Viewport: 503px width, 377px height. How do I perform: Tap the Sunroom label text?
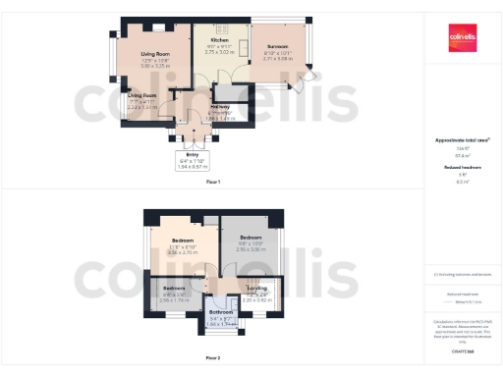[277, 47]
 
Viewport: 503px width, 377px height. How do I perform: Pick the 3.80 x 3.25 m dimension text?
[155, 66]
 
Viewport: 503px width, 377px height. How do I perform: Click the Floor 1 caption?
[213, 182]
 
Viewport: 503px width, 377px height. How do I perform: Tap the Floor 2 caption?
[213, 357]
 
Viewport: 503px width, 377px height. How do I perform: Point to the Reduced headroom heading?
[462, 168]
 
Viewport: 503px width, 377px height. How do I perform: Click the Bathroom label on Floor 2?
[220, 311]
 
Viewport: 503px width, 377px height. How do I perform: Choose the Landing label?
[256, 287]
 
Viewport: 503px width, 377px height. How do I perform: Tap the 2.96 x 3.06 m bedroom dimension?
[251, 249]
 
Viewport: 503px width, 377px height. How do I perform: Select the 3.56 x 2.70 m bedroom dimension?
[183, 252]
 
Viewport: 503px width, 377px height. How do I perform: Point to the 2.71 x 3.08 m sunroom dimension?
[278, 58]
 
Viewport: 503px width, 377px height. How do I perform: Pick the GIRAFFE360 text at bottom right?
[462, 351]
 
